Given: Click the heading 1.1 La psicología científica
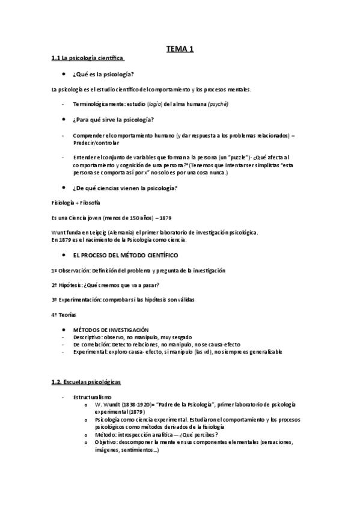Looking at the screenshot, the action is click(88, 58).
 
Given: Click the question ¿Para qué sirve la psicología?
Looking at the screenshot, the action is click(113, 119).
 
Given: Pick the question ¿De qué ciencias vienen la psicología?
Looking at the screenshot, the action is click(124, 188).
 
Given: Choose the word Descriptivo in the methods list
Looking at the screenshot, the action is click(89, 337).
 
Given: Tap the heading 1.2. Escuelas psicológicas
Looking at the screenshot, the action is click(87, 382).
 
